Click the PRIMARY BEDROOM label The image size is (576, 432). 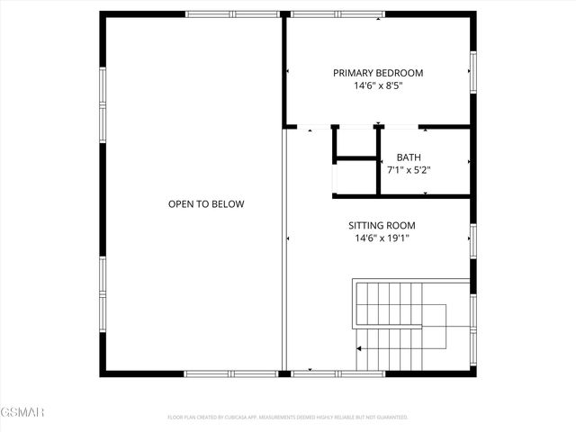[378, 74]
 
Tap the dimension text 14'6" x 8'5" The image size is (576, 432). [378, 87]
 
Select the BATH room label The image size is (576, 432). [409, 157]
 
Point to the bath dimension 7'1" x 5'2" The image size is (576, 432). [409, 169]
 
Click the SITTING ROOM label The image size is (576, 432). [382, 225]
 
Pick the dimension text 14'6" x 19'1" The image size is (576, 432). [382, 238]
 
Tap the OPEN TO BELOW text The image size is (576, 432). [206, 204]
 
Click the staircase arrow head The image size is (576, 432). [360, 347]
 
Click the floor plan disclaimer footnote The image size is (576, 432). [288, 418]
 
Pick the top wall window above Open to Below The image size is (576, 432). [233, 14]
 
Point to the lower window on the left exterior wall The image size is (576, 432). [103, 292]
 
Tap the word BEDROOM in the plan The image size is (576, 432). [399, 74]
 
